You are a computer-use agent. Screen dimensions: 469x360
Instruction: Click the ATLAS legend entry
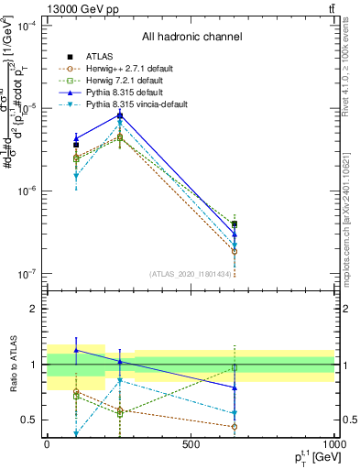click(x=101, y=56)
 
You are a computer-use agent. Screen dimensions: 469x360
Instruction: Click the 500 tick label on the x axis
click(x=191, y=444)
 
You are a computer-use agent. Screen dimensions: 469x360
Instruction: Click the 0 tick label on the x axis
click(x=47, y=444)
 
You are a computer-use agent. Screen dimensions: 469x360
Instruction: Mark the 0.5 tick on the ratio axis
click(x=30, y=420)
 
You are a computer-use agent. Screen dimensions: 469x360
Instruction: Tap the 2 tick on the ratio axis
click(x=34, y=309)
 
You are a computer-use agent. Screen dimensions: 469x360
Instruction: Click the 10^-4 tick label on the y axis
click(x=27, y=26)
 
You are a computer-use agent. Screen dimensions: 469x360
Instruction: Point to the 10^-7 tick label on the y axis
click(x=27, y=273)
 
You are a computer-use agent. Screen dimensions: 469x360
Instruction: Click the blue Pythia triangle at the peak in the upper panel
click(x=120, y=115)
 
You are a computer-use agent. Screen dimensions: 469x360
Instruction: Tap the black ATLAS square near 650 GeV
click(x=235, y=224)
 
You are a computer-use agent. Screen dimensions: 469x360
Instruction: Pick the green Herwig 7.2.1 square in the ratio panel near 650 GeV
click(x=235, y=367)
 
